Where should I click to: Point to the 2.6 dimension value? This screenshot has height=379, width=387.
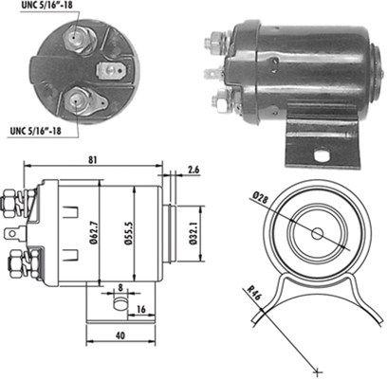click(193, 170)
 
